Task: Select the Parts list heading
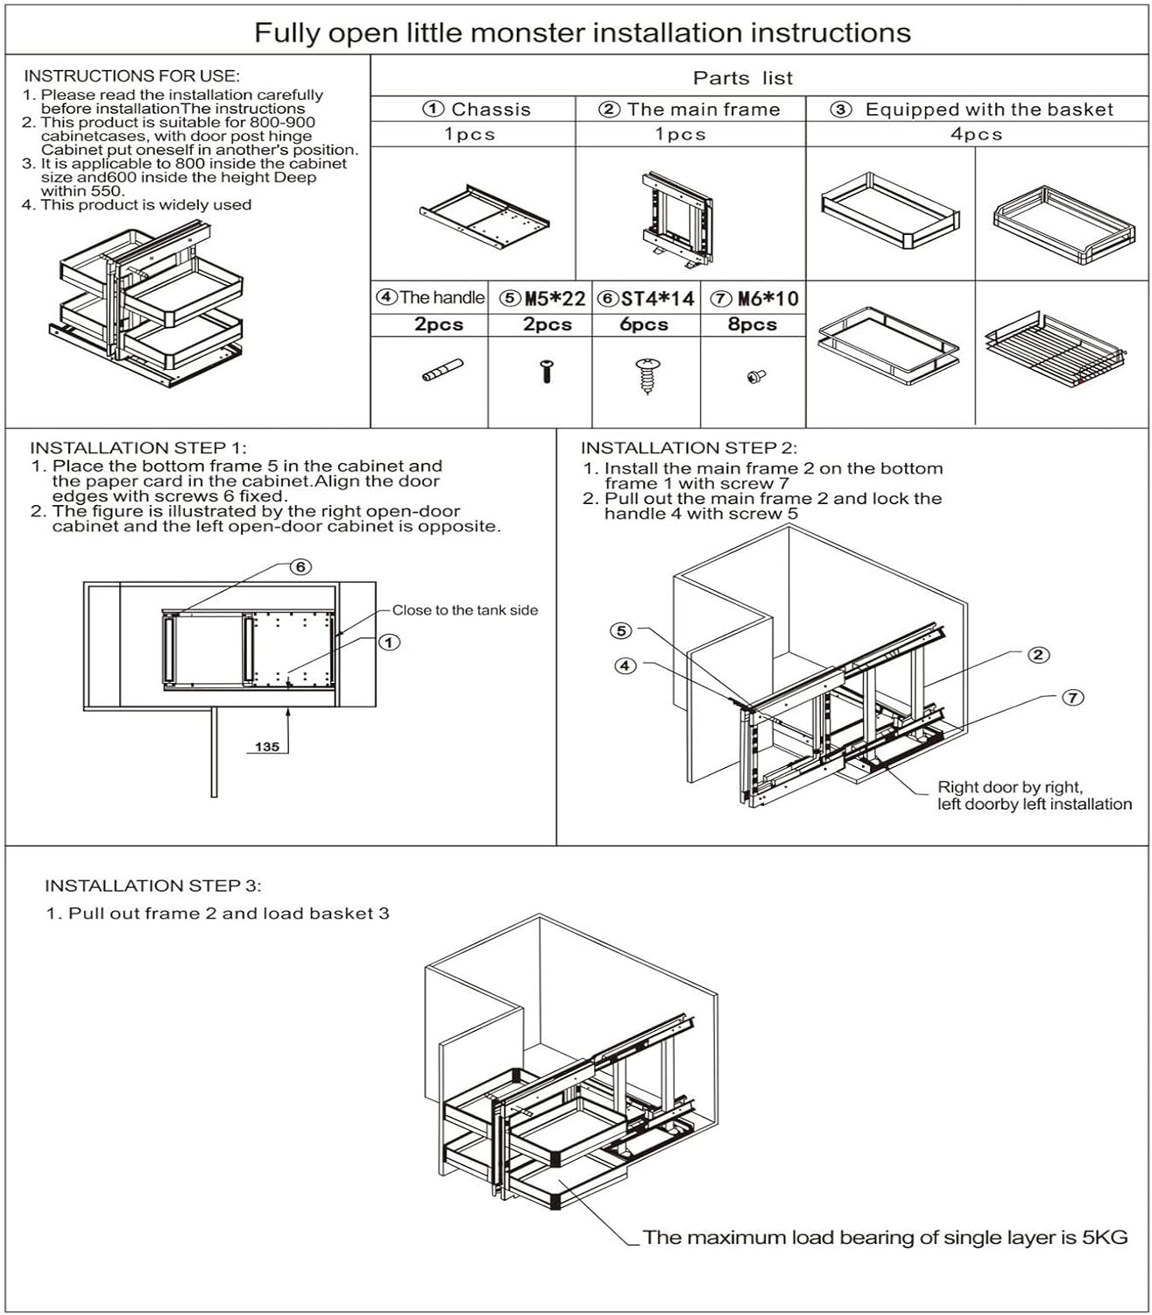743,79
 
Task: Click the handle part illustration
442,370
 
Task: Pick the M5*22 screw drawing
546,371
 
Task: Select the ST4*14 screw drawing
647,376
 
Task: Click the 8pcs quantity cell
752,324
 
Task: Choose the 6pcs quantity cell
644,324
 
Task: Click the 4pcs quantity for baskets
976,134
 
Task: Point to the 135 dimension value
266,746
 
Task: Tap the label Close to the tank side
465,610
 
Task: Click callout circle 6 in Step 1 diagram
300,566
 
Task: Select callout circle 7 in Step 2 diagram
1073,697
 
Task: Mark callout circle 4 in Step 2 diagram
625,665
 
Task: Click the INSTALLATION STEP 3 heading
153,886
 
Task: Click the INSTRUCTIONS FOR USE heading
131,76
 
